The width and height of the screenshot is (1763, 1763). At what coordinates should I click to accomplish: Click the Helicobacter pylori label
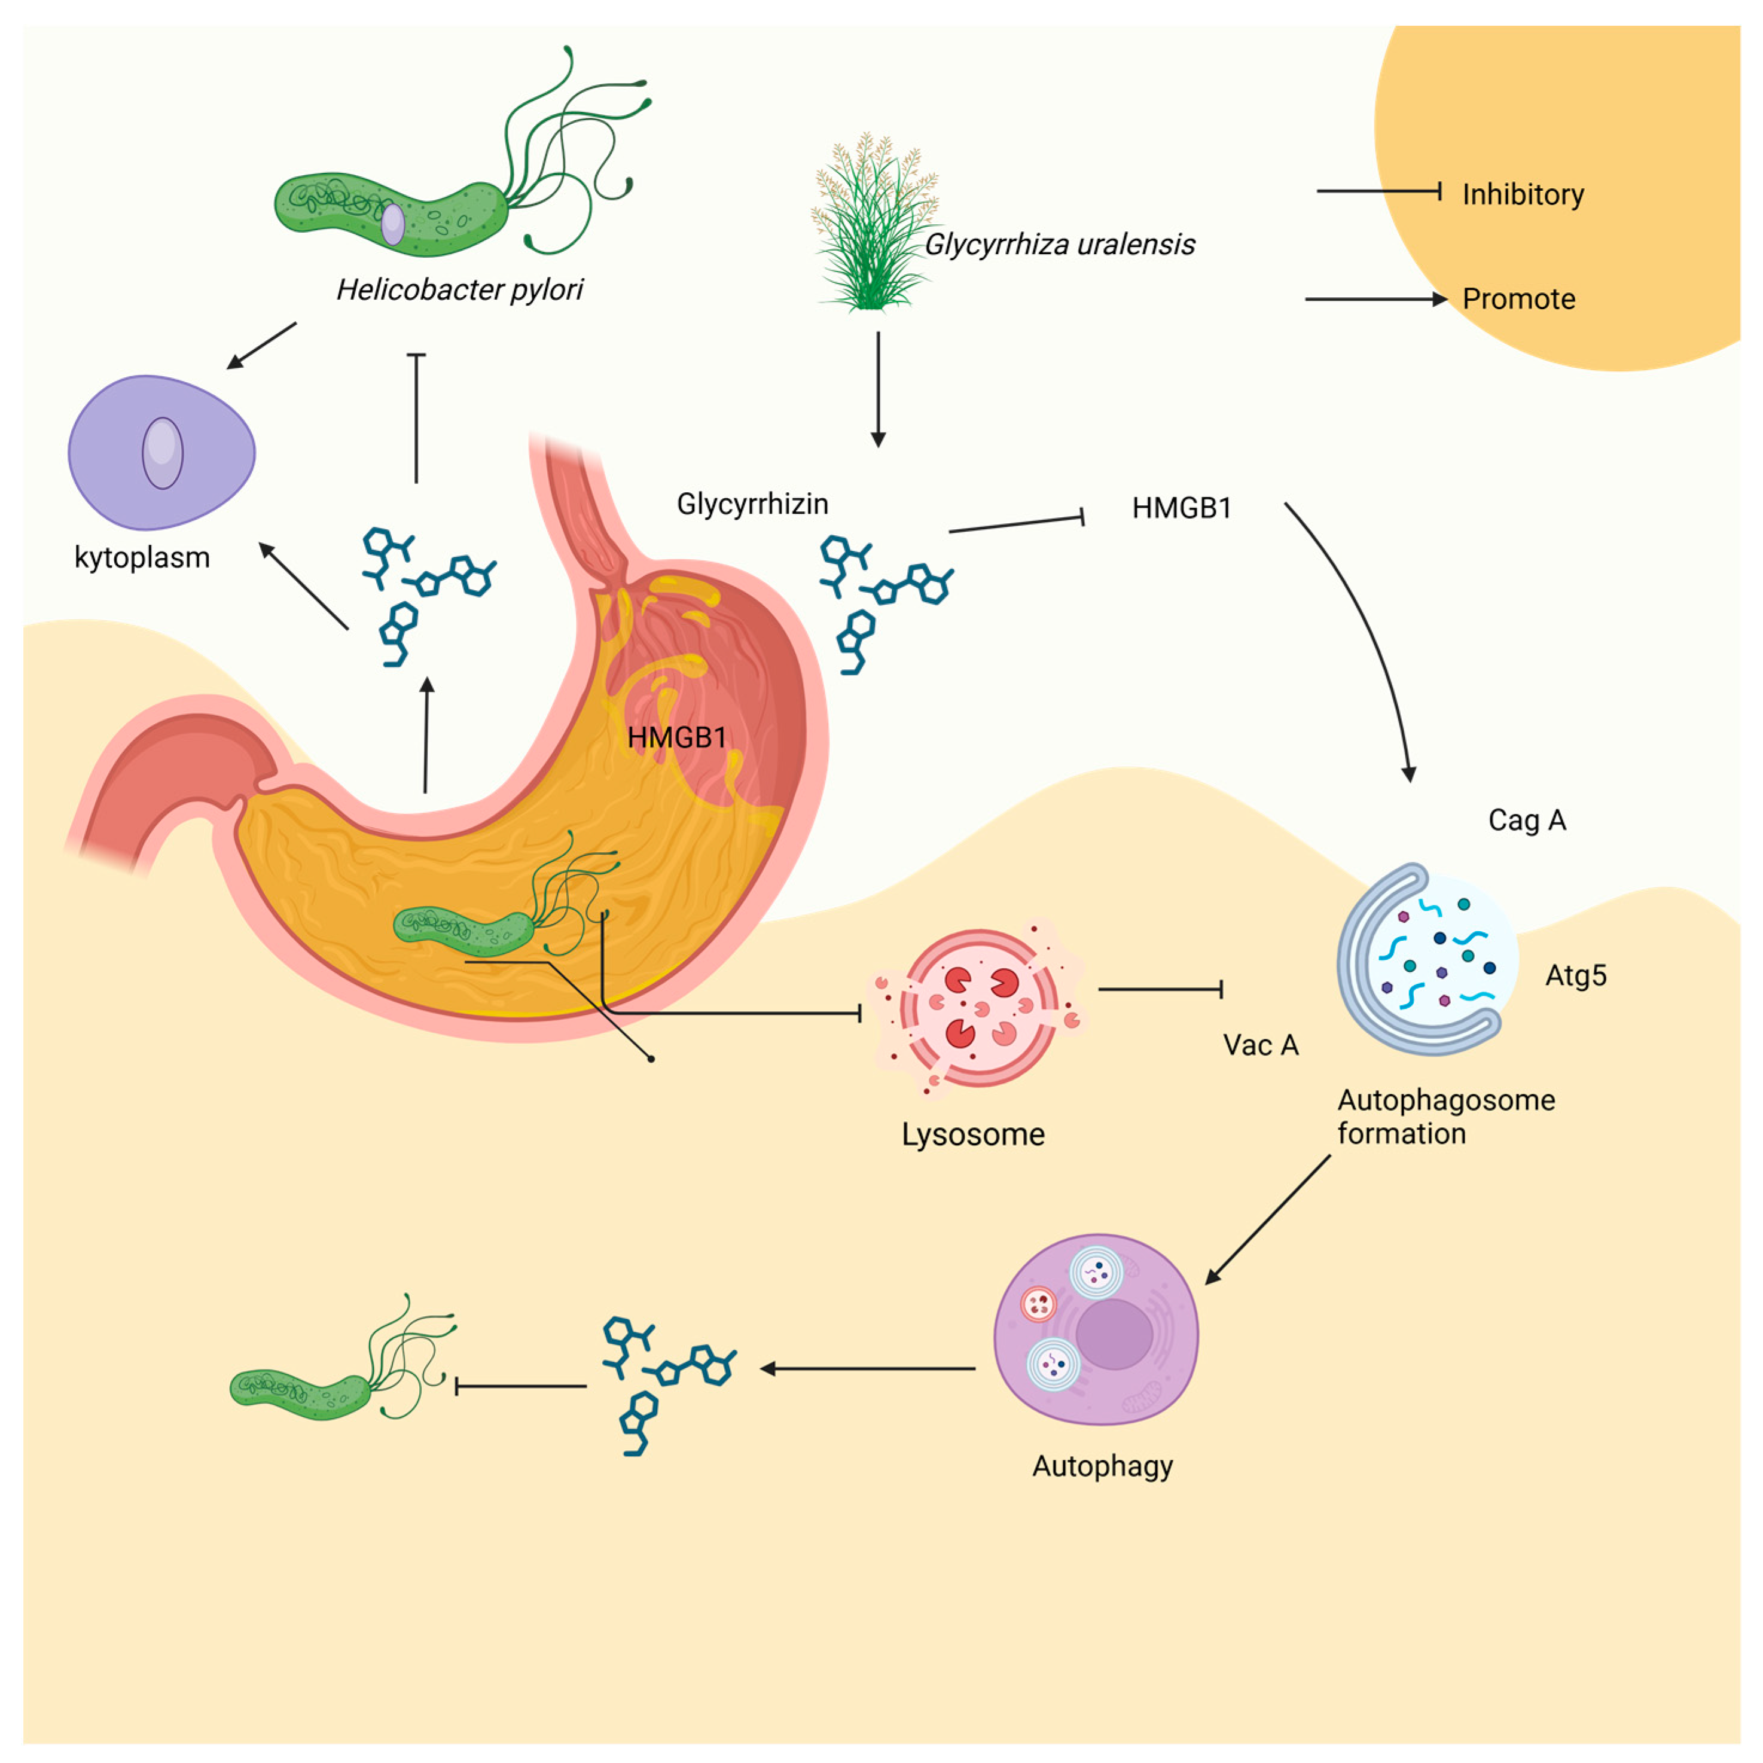[459, 289]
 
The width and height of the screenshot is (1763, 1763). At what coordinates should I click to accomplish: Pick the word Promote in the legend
[1518, 299]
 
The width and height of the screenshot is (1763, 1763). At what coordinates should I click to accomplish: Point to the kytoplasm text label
[142, 557]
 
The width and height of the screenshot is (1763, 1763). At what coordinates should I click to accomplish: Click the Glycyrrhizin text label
[752, 504]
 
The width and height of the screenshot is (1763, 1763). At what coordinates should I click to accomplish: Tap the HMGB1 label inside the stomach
[676, 737]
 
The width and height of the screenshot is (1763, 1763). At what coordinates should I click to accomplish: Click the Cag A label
[1527, 821]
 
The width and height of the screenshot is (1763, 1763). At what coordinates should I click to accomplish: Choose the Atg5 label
[1575, 975]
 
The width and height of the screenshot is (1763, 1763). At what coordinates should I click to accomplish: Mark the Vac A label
[1260, 1045]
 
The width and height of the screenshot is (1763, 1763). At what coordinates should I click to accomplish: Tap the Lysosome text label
[973, 1134]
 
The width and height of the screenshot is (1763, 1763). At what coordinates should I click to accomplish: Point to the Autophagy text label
[1102, 1466]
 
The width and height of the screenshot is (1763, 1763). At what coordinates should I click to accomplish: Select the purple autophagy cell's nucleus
[1114, 1334]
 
